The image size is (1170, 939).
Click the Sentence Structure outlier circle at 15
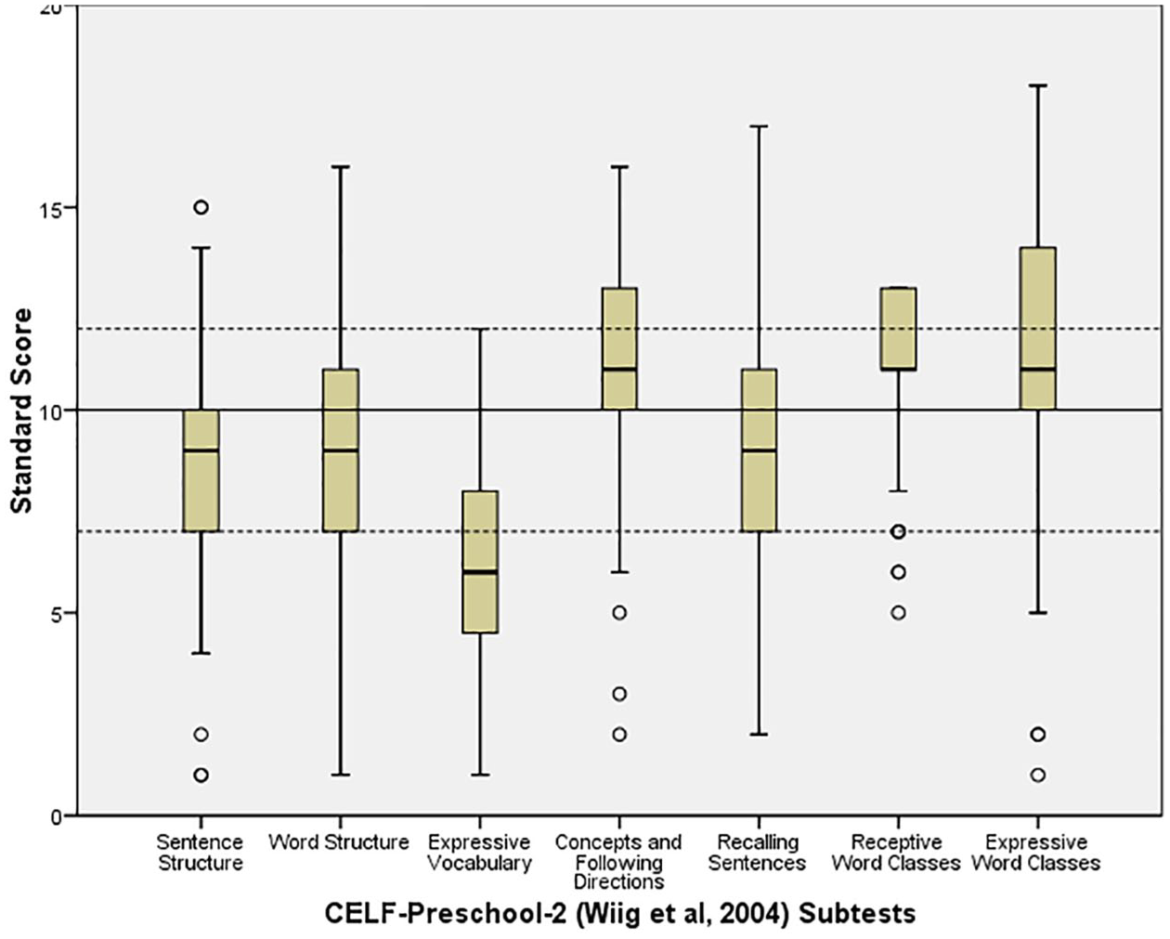click(x=201, y=207)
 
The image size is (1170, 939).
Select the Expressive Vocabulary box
click(x=480, y=562)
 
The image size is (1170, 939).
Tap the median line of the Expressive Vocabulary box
click(x=480, y=572)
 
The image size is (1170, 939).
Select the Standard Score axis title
click(x=21, y=410)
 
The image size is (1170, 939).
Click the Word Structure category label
click(x=339, y=842)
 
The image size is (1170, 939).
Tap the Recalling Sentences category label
click(x=758, y=853)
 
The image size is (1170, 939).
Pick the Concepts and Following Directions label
click(x=618, y=862)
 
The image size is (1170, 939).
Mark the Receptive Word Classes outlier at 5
click(x=899, y=613)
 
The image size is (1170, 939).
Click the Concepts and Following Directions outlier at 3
click(x=619, y=694)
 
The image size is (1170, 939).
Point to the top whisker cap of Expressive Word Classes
click(x=1038, y=85)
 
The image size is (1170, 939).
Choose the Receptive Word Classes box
click(x=899, y=329)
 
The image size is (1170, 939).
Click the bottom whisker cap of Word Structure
click(x=341, y=775)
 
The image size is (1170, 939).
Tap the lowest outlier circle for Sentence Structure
click(x=201, y=775)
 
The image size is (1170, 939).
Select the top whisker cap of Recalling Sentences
click(x=759, y=126)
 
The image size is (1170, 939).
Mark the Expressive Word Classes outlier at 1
click(x=1038, y=775)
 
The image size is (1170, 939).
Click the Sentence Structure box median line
click(x=201, y=450)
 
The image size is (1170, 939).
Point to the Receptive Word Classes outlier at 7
click(x=899, y=532)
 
